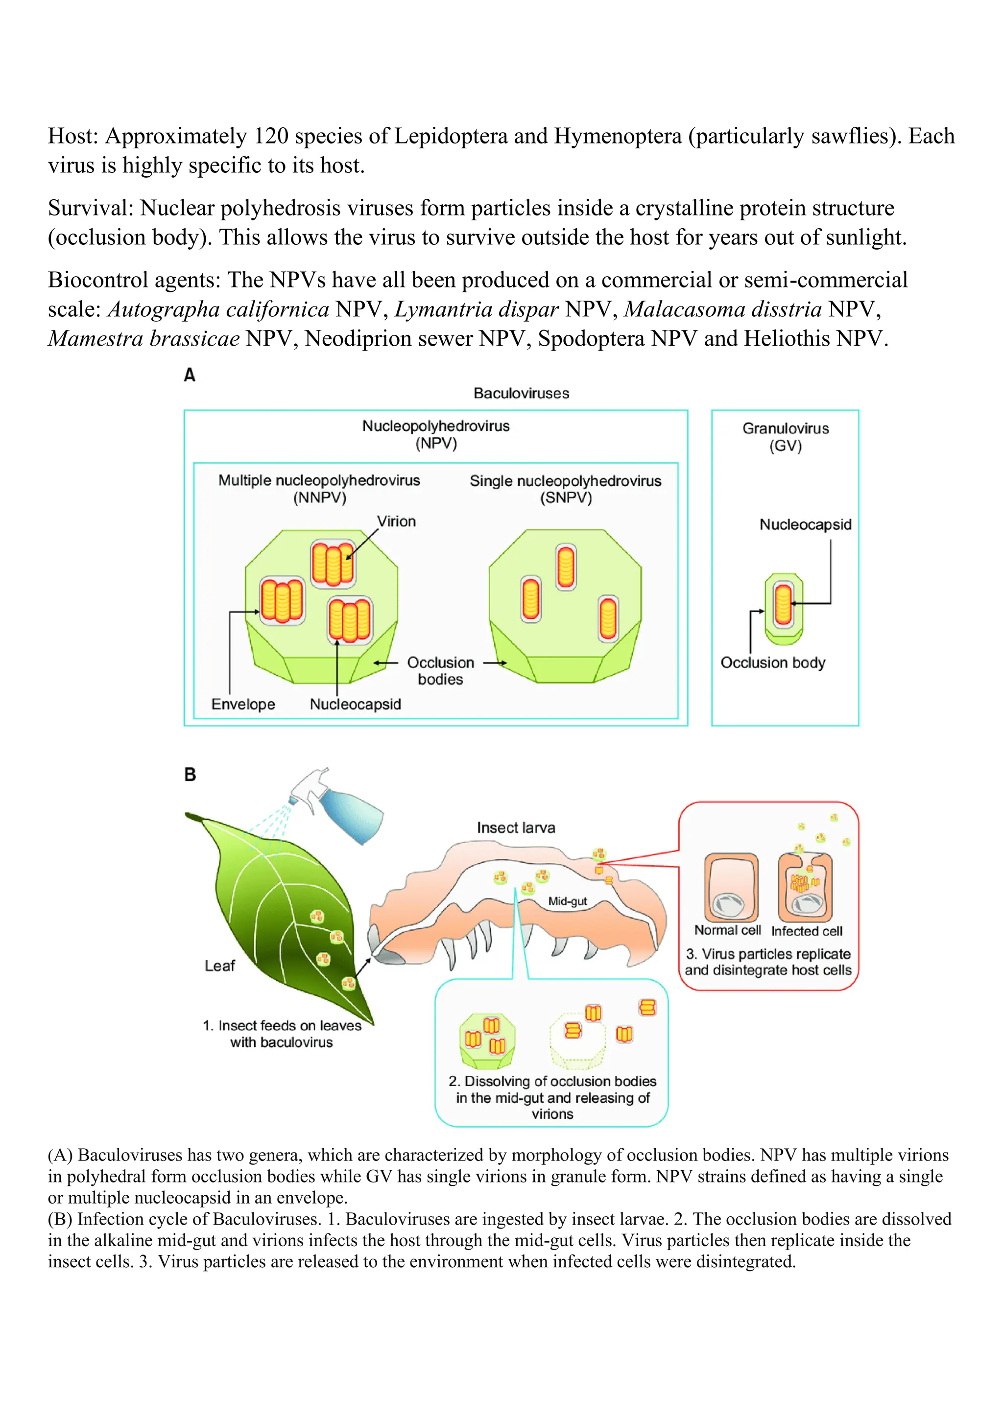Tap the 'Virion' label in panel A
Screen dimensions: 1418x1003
click(397, 521)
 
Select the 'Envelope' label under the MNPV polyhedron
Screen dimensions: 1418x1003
click(243, 704)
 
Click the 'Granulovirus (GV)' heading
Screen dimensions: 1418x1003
click(785, 437)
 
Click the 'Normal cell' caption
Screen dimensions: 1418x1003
click(727, 930)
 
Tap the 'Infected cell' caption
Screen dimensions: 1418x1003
click(807, 931)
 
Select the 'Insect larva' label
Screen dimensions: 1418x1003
click(516, 827)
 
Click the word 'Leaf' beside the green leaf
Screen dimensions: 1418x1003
click(220, 966)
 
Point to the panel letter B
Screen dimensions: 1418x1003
click(190, 775)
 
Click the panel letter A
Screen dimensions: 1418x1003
click(190, 375)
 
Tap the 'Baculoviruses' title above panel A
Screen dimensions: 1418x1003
click(521, 393)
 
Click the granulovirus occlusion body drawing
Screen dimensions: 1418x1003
click(784, 608)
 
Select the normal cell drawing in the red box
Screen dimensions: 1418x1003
click(731, 888)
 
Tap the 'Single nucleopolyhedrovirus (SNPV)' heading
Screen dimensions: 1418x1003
click(565, 489)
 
